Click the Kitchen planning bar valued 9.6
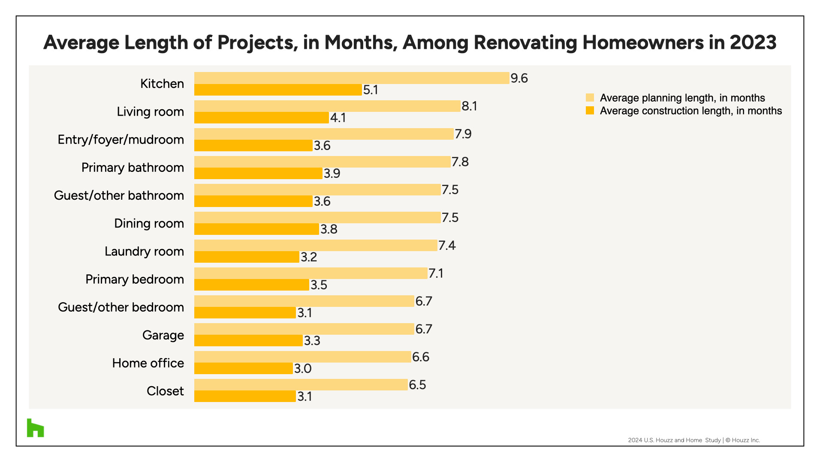352,78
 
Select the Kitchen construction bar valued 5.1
278,90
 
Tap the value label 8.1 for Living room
469,106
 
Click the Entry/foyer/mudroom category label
121,140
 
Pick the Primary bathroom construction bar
258,174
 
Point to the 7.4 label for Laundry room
447,246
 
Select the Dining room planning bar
317,218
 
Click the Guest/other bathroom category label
119,195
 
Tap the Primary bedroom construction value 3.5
319,285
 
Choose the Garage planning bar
304,329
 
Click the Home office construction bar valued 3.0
243,369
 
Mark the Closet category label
165,391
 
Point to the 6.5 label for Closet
417,385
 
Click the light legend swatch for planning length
590,98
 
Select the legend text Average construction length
690,111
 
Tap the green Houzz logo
35,428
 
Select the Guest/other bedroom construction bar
245,313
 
